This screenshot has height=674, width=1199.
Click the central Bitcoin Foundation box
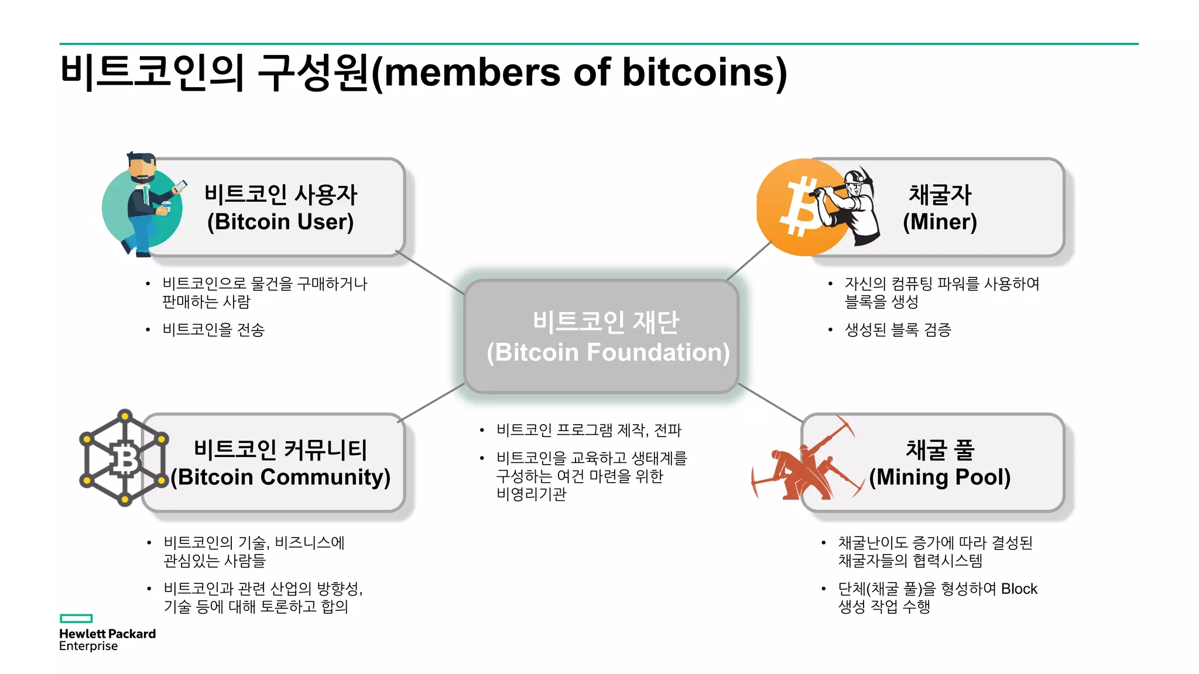point(601,336)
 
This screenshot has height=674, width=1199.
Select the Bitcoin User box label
point(280,208)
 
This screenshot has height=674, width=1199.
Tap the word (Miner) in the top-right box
point(940,222)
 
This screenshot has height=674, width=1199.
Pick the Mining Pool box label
point(940,463)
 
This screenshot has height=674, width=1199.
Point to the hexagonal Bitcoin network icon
point(124,458)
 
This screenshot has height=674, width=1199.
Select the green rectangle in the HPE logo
point(76,618)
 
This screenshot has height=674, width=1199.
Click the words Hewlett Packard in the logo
point(107,634)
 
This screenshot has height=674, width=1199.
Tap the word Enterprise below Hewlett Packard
point(88,647)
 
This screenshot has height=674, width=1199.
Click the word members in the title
point(472,73)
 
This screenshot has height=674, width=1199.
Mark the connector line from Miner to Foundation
point(749,261)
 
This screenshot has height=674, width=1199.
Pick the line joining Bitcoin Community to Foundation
point(432,402)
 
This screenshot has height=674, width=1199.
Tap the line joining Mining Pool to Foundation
point(770,403)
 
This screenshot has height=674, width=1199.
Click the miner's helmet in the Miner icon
point(854,175)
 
